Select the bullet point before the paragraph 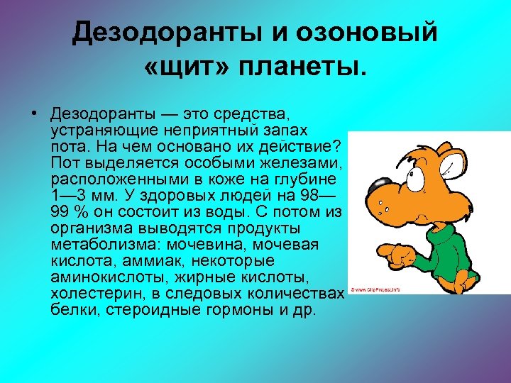point(34,113)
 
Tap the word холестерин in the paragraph point(87,294)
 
